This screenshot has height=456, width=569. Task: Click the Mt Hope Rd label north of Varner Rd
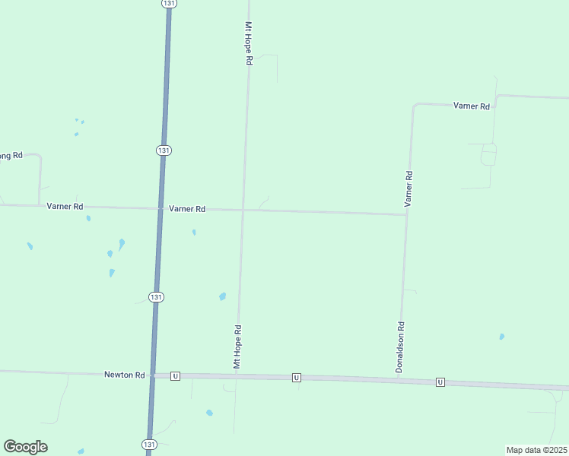(x=248, y=43)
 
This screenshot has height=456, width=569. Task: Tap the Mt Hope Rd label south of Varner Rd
(x=237, y=347)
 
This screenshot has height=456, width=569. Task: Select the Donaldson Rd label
(x=399, y=347)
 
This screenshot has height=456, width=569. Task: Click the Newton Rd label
(x=124, y=375)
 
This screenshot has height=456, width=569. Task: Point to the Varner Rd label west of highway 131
(x=65, y=206)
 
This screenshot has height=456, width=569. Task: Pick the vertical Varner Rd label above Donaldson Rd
(x=408, y=189)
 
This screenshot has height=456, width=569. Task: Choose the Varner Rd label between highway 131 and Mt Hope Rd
(x=187, y=209)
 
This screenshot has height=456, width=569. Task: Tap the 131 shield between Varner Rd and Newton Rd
(x=156, y=296)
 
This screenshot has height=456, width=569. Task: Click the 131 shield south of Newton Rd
(x=149, y=444)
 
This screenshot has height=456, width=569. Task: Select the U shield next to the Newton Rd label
(x=176, y=375)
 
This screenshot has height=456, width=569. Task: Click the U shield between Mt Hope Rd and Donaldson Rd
(x=297, y=378)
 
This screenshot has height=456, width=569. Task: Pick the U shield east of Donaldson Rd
(x=440, y=382)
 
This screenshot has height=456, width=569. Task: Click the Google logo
(x=26, y=447)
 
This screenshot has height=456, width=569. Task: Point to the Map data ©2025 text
(x=537, y=450)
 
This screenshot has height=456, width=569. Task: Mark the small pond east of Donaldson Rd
(x=501, y=337)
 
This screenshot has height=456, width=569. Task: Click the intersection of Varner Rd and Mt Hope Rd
(x=243, y=211)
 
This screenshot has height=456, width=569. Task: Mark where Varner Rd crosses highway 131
(x=161, y=207)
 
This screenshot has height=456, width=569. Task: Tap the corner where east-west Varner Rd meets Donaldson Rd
(x=406, y=214)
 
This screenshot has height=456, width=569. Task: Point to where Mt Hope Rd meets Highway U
(x=236, y=376)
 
